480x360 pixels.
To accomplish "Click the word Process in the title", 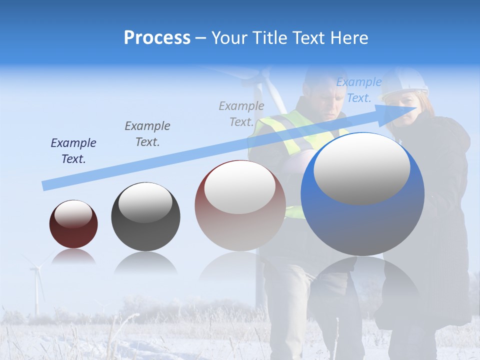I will coord(157,38).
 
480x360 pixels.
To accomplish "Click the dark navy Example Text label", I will coord(73,150).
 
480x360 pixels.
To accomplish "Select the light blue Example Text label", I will coord(358,90).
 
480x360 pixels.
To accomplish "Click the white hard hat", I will coord(405,82).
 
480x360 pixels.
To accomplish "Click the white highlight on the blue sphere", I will coord(362,168).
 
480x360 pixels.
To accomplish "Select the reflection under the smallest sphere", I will coord(73,257).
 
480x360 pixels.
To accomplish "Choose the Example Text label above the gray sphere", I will coord(147,133).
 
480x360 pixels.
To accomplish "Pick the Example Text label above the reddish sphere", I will coord(241,113).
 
